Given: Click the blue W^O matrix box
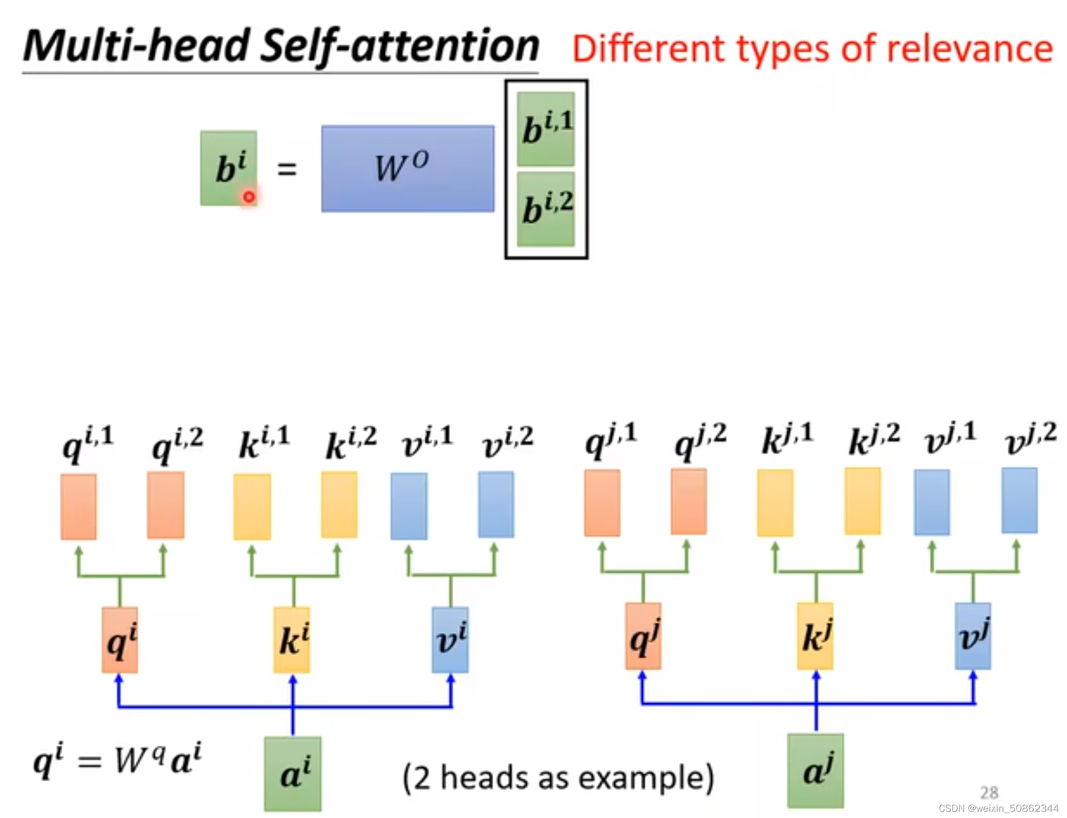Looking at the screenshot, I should coord(407,168).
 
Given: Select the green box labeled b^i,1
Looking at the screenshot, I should coord(546,129).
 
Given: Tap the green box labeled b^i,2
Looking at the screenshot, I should coord(546,209).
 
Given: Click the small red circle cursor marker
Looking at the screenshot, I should coord(249,197).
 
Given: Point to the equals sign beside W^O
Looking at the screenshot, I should coord(287,169).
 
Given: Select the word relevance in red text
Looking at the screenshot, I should coord(969,49).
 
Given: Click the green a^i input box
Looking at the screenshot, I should coord(292,773).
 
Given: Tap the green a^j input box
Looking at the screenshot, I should coord(815,770).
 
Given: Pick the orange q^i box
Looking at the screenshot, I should coord(120,640).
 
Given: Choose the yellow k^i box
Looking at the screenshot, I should coord(292,640).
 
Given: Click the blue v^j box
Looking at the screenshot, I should coord(973,636).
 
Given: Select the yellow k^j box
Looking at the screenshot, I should coord(815,636).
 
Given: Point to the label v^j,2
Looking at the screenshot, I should coord(1030,439).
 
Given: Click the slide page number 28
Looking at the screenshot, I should coord(989,792).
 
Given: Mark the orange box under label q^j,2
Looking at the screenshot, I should coord(688,501).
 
